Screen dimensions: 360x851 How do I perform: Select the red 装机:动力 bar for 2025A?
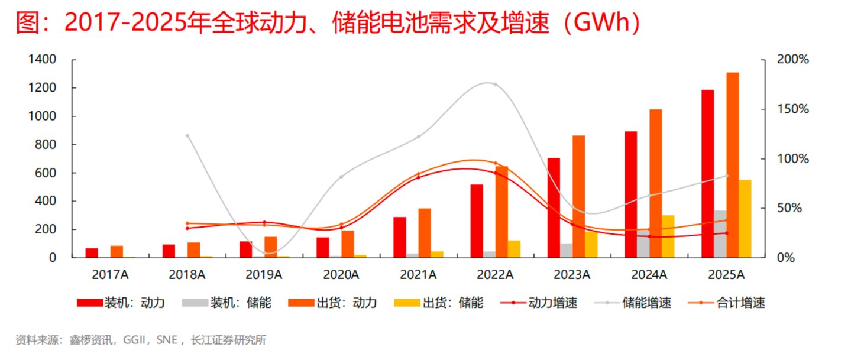pos(707,174)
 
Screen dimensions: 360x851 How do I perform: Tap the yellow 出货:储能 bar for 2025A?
pos(745,219)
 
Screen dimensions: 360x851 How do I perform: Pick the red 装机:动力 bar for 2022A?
pos(477,221)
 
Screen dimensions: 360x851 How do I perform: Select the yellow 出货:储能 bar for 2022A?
pos(514,249)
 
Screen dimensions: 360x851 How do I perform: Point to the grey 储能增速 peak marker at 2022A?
pos(495,85)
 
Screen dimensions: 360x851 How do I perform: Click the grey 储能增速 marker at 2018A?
pos(187,135)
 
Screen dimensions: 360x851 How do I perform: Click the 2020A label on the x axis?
pos(341,275)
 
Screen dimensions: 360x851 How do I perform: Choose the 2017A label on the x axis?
pos(110,275)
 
